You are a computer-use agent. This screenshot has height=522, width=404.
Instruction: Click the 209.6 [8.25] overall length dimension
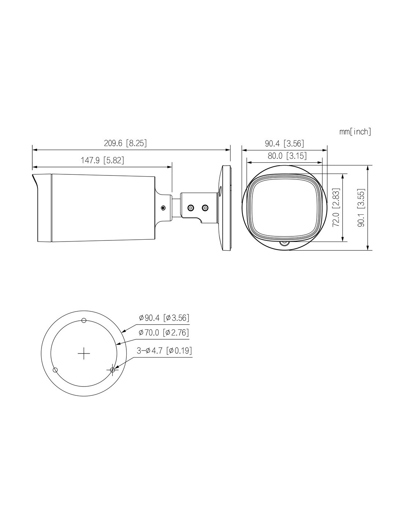125,143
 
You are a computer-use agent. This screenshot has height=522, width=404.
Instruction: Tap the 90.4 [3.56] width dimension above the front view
284,144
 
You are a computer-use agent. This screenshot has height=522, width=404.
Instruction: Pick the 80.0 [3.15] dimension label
287,156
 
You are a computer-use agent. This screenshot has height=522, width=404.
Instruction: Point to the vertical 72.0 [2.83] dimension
336,207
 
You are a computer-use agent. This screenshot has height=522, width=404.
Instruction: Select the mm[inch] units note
355,132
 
